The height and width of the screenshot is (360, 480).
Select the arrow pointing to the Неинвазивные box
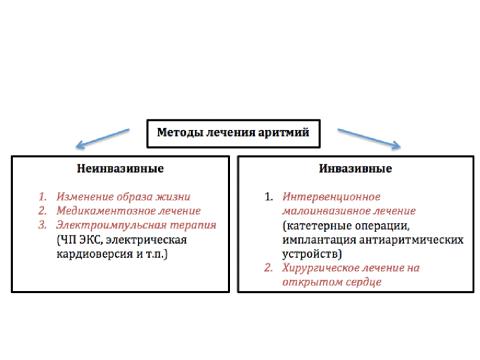(102, 138)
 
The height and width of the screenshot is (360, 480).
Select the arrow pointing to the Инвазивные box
(369, 139)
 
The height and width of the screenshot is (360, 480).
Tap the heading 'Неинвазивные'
(120, 168)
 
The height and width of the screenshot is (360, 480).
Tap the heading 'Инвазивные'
(355, 168)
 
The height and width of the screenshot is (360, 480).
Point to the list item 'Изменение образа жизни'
(123, 197)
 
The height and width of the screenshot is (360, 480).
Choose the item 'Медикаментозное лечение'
(129, 211)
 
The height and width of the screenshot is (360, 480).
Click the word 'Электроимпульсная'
(111, 225)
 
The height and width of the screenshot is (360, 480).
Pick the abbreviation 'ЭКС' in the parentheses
(91, 240)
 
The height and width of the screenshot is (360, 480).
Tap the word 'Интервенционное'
(331, 197)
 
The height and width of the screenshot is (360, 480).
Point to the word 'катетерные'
(315, 226)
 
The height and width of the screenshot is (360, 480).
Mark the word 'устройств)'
(312, 254)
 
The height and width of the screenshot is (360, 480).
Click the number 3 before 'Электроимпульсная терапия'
(42, 225)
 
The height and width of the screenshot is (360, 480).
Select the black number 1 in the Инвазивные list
(269, 197)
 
